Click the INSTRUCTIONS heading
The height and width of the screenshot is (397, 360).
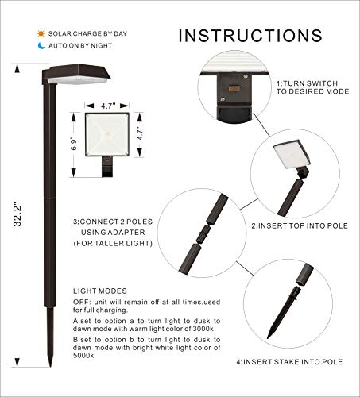click(x=250, y=36)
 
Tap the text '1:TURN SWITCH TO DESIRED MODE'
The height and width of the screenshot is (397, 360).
click(x=311, y=87)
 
